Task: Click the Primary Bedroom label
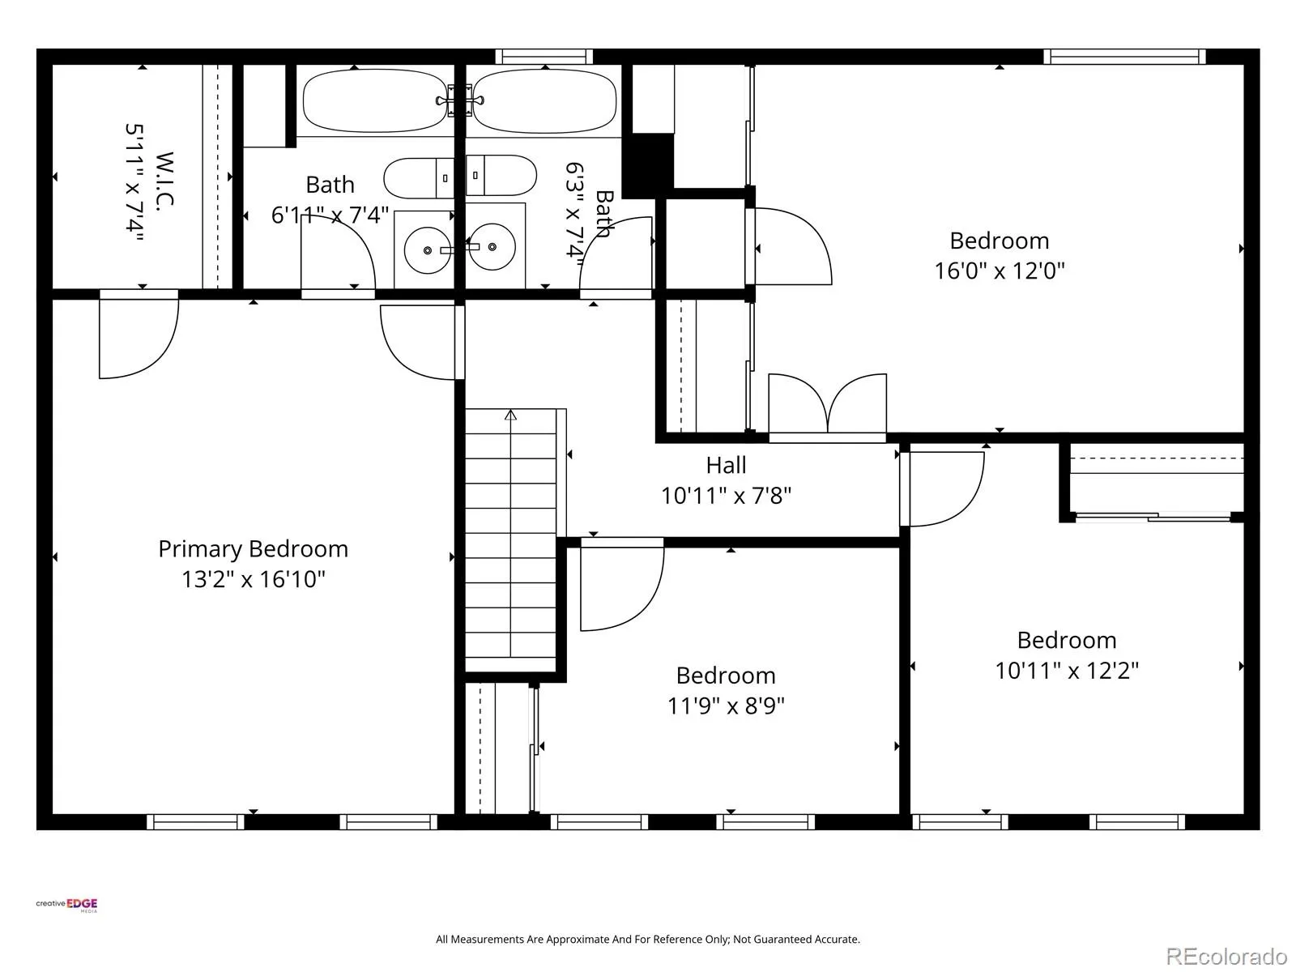tap(254, 549)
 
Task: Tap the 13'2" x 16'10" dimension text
tap(254, 579)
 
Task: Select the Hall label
tap(726, 465)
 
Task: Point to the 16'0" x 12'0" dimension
tap(999, 271)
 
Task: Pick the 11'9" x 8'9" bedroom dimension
tap(726, 706)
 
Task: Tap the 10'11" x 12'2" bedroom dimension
tap(1066, 671)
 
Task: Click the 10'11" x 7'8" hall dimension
tap(726, 496)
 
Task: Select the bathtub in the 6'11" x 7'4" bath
tap(375, 101)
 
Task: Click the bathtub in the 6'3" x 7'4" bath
tap(544, 101)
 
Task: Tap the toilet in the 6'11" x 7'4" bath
tap(419, 177)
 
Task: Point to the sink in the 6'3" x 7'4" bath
tap(492, 247)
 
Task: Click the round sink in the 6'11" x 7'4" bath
tap(428, 250)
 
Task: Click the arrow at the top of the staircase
tap(511, 415)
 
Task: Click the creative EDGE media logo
tap(66, 905)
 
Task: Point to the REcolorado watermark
tap(1227, 956)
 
